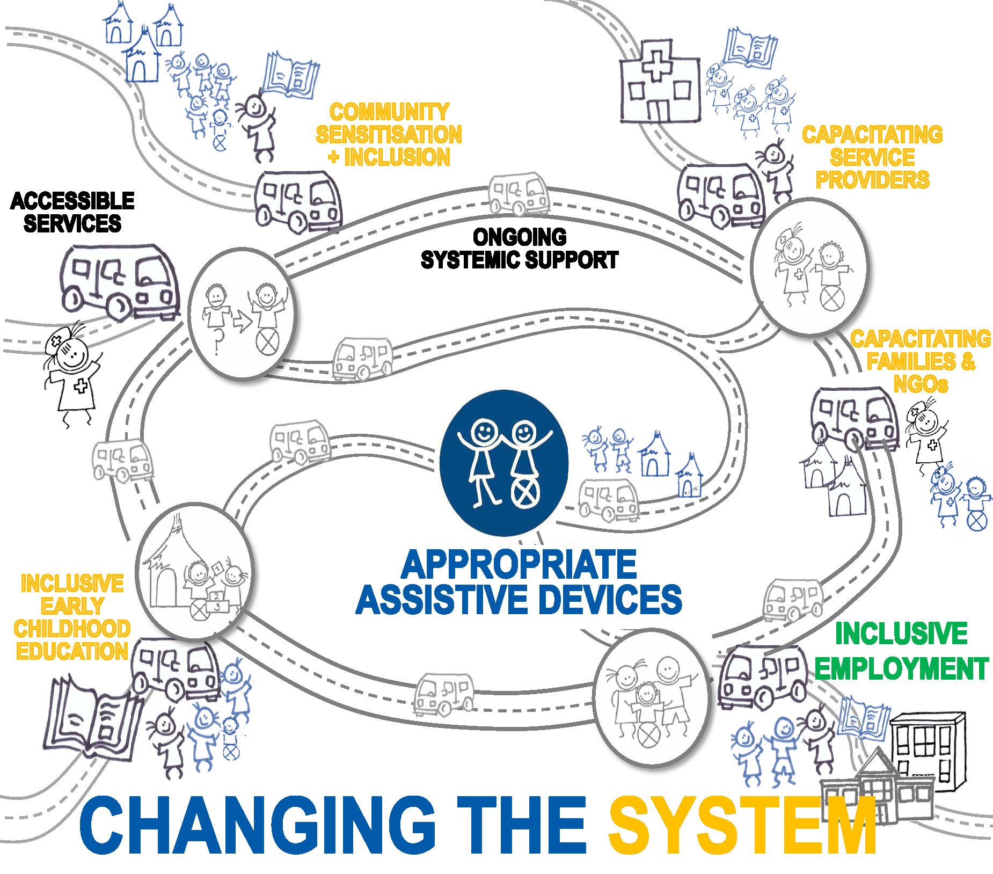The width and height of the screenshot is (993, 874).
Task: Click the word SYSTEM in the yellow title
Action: (x=742, y=826)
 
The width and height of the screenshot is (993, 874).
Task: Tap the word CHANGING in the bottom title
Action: (x=257, y=826)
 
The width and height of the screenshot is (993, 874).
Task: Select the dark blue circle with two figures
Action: (x=503, y=463)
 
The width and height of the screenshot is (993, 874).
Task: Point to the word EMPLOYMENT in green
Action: (x=902, y=669)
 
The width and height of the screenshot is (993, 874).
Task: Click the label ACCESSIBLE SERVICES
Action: (x=72, y=212)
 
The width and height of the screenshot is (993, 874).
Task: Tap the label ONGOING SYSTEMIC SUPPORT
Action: (x=519, y=248)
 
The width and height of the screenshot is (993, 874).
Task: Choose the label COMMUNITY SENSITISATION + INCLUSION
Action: (x=389, y=134)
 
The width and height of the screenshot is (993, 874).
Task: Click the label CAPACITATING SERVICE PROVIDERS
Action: (x=872, y=157)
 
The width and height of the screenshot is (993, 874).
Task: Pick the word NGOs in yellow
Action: (x=921, y=384)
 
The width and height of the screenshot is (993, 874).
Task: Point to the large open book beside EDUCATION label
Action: (x=92, y=717)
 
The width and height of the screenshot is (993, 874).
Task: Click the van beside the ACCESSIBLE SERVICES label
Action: (x=119, y=281)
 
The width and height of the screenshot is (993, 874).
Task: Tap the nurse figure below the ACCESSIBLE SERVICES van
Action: (x=71, y=373)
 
